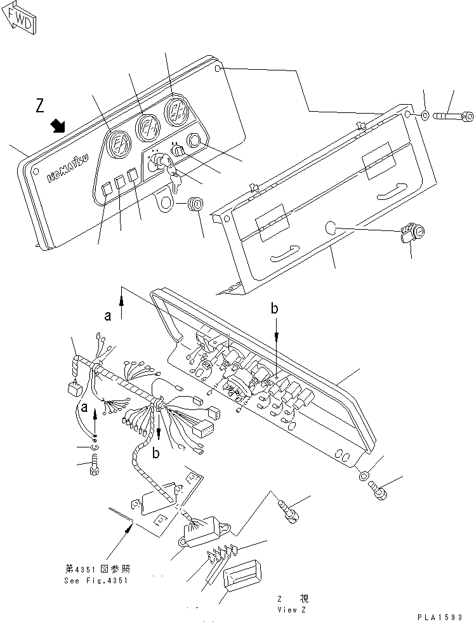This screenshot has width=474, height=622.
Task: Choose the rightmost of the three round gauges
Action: tap(175, 112)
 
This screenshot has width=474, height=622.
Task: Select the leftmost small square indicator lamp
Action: tap(107, 187)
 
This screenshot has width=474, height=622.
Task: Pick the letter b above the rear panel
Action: tap(275, 309)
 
